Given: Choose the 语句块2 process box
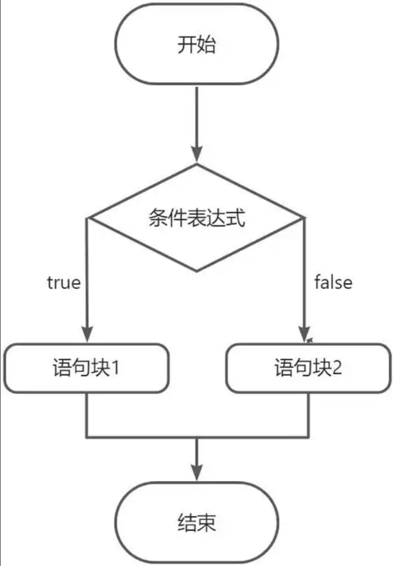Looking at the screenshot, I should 308,368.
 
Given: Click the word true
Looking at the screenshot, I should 64,283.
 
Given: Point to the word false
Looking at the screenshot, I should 333,282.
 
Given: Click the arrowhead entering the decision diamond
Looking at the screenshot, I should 196,156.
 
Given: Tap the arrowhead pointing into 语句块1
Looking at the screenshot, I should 86,335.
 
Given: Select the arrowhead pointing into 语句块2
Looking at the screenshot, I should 304,335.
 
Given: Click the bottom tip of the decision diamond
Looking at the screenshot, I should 196,270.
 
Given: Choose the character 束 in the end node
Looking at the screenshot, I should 207,524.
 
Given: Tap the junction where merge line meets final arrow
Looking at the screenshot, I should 196,438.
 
